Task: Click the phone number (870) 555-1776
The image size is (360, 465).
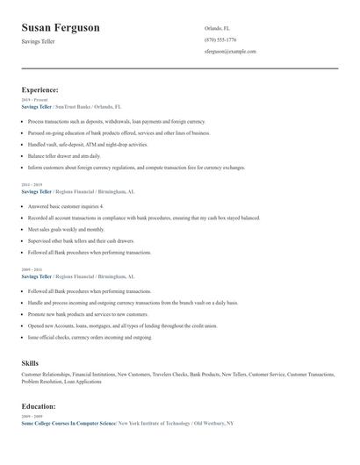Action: (x=220, y=39)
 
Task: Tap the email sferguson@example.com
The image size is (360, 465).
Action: (x=230, y=51)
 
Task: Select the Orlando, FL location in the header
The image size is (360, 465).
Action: (x=217, y=27)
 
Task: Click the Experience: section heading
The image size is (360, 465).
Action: (x=40, y=89)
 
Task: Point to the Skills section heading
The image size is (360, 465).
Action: (x=30, y=362)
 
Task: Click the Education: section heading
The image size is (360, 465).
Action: (x=39, y=406)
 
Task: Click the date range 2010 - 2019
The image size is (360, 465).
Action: (x=32, y=185)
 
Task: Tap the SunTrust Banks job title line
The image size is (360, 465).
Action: (x=71, y=106)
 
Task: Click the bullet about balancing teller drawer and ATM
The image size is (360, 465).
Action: (x=70, y=155)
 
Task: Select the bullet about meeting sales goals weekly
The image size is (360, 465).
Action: (x=66, y=228)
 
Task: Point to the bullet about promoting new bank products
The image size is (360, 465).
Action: (x=89, y=313)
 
